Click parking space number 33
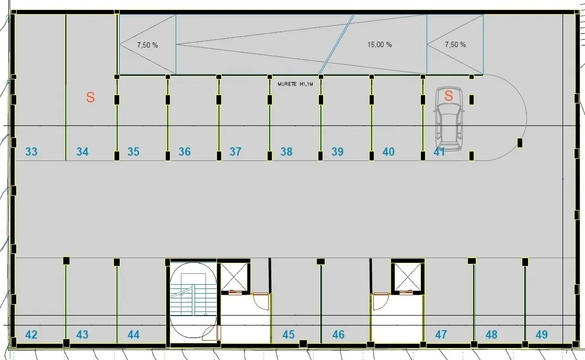(31, 152)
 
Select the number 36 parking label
(185, 152)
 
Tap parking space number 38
(286, 152)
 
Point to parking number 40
(388, 152)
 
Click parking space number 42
(31, 334)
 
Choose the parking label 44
(133, 334)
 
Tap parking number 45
(289, 334)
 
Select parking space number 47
(441, 334)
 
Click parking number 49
(542, 334)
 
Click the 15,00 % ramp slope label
(380, 45)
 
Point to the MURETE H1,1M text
(295, 84)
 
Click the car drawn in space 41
(449, 119)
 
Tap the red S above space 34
(90, 97)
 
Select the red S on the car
(449, 96)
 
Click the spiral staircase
(193, 300)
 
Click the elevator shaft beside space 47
(408, 277)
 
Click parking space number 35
(133, 152)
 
